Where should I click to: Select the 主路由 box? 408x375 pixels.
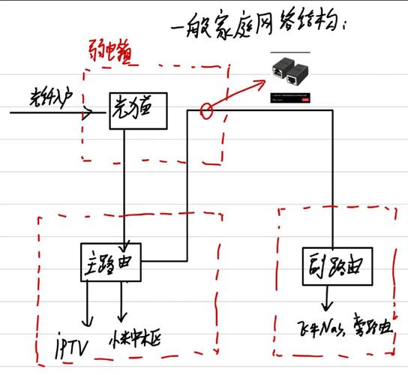click(111, 262)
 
